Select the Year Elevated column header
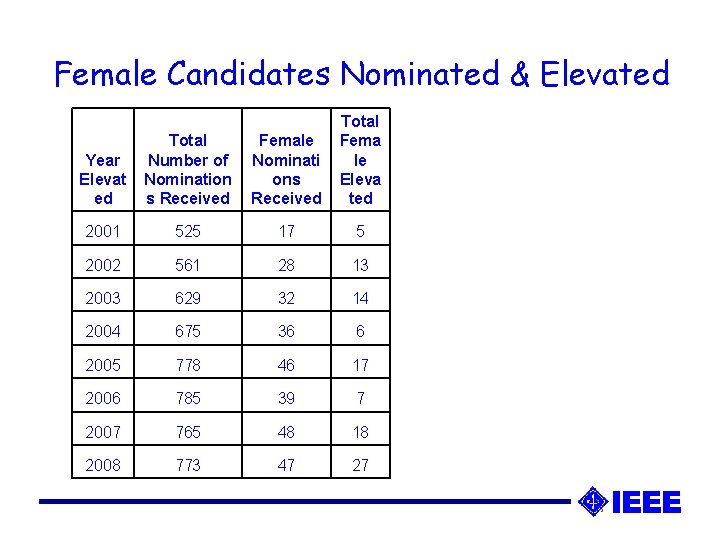point(103,179)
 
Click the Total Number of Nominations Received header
point(187,169)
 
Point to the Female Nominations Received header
point(286,169)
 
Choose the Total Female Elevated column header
point(360,160)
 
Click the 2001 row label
point(102,231)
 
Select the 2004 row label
point(102,331)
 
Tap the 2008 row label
point(102,465)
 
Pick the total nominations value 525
point(187,231)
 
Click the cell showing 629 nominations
point(187,298)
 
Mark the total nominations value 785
point(187,398)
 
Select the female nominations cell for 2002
point(286,264)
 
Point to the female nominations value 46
point(286,365)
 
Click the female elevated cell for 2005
point(360,365)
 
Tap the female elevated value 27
point(360,465)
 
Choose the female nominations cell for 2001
point(286,231)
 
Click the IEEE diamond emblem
point(593,501)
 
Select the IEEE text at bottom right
point(646,502)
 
